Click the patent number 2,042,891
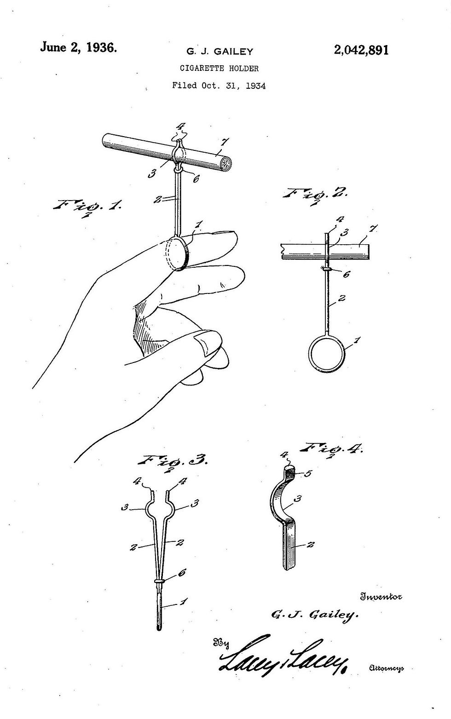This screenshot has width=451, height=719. tap(361, 51)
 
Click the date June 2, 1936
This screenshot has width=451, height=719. tap(78, 48)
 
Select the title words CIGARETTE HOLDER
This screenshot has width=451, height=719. tap(219, 69)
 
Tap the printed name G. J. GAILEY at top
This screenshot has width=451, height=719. tap(220, 52)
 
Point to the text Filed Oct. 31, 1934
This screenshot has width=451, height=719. tap(219, 86)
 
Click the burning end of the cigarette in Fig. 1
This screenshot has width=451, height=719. tap(227, 164)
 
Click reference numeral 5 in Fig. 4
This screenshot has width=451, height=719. tap(308, 473)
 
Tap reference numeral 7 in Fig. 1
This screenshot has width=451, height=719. tap(225, 142)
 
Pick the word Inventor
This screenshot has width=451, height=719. tap(381, 597)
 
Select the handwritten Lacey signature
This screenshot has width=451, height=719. tap(283, 656)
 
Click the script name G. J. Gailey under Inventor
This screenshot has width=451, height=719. tap(315, 615)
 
